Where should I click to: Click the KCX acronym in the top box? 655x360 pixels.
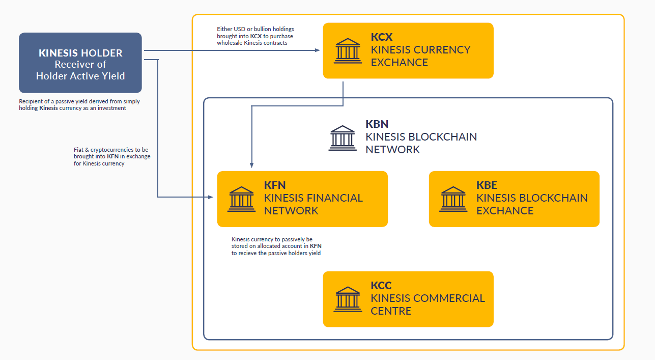click(x=382, y=37)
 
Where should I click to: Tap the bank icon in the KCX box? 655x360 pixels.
click(x=348, y=50)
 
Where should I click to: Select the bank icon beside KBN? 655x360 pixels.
click(x=343, y=138)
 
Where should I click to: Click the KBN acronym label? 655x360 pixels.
click(x=377, y=124)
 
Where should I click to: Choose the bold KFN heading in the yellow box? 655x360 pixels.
click(x=275, y=185)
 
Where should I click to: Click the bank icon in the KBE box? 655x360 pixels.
click(x=453, y=199)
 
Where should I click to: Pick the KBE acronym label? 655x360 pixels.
click(x=487, y=185)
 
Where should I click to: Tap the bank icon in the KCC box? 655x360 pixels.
click(x=348, y=299)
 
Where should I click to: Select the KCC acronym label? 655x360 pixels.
click(x=381, y=286)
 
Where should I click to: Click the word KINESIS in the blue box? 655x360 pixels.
click(x=58, y=53)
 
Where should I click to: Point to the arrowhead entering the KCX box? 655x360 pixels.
click(x=317, y=50)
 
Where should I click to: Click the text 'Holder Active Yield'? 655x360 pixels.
click(x=80, y=76)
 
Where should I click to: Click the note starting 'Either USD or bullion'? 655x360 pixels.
click(x=255, y=36)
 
